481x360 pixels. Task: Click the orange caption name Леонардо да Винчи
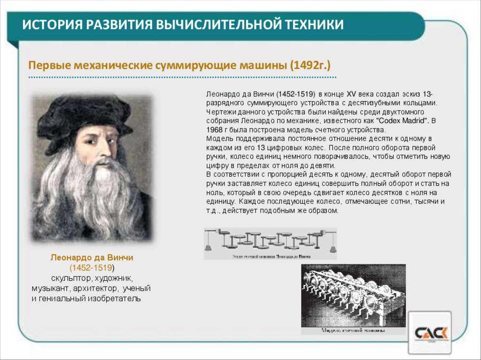(x=92, y=258)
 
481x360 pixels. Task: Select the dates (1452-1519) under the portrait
(x=91, y=268)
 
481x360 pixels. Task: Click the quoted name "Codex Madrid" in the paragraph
(x=403, y=121)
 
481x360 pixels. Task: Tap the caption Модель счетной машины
(x=353, y=330)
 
